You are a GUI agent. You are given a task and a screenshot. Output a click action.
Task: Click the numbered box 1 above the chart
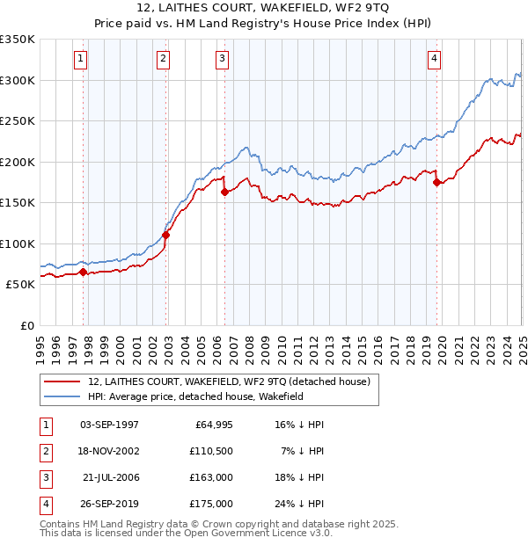tap(80, 59)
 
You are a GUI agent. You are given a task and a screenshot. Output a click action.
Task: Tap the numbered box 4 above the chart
tap(435, 59)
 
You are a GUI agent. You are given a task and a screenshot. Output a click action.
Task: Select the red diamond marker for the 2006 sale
tap(224, 192)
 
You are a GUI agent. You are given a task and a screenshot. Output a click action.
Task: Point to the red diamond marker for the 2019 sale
tap(437, 183)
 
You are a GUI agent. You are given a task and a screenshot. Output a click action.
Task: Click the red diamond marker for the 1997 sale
tap(84, 272)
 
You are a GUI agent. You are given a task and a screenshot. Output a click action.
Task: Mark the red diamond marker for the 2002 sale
tap(166, 235)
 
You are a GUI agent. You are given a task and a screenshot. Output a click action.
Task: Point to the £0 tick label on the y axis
tap(26, 325)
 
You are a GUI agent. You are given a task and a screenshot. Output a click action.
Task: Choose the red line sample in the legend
tap(62, 382)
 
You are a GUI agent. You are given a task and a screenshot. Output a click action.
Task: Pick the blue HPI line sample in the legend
tap(62, 396)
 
